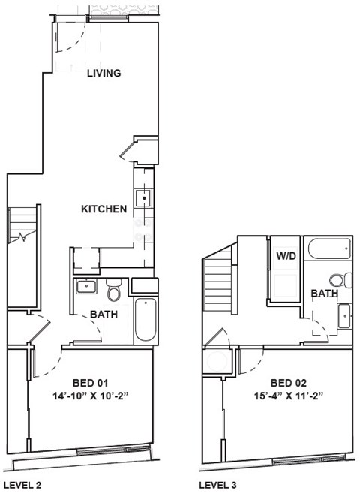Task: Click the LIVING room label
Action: coord(104,73)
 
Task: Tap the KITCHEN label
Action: coord(103,209)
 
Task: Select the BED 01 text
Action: coord(89,381)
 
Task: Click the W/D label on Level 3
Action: coord(286,256)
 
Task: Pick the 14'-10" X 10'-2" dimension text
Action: coord(89,395)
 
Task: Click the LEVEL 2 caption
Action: coord(23,485)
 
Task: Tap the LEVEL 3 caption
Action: coord(218,485)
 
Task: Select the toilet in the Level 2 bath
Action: coord(114,288)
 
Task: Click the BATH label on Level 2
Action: coord(103,315)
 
